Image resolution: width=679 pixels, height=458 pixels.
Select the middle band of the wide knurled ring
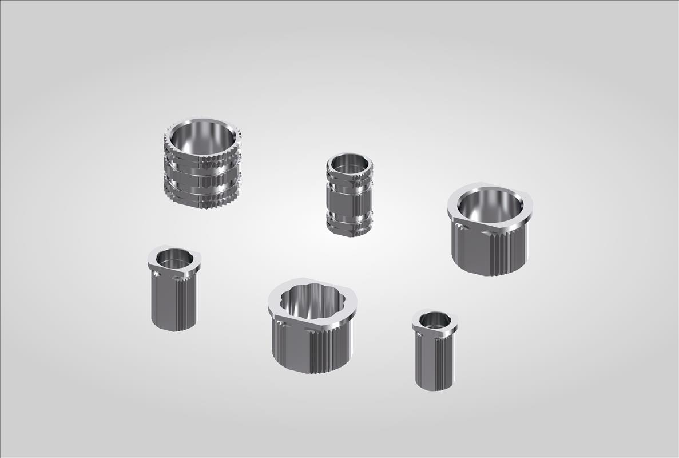pyautogui.click(x=201, y=179)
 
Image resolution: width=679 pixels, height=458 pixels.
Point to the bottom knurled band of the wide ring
pyautogui.click(x=201, y=198)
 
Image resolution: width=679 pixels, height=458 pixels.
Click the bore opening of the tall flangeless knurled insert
pyautogui.click(x=350, y=163)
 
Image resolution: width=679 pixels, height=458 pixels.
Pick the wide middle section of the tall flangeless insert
pyautogui.click(x=350, y=200)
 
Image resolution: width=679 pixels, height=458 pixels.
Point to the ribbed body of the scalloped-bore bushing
pyautogui.click(x=312, y=349)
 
